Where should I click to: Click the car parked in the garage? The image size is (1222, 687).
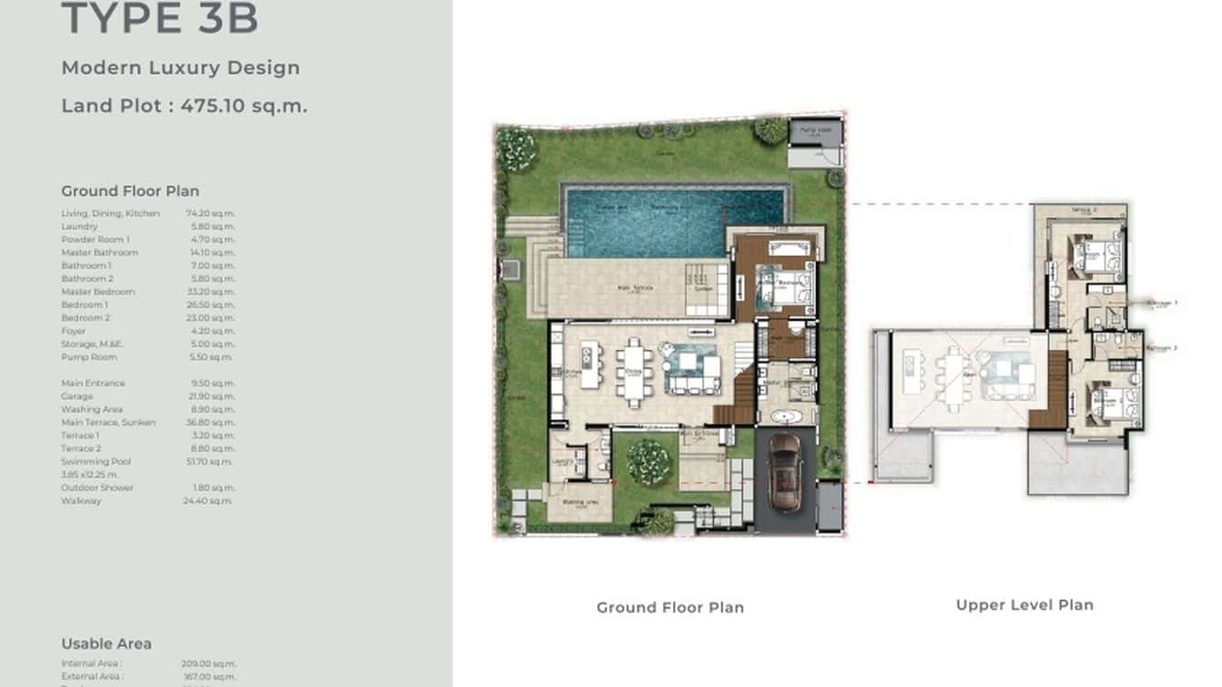(784, 471)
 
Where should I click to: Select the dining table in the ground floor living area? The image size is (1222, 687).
(635, 371)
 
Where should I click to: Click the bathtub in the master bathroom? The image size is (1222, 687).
(782, 418)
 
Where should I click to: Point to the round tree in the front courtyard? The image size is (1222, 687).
(648, 461)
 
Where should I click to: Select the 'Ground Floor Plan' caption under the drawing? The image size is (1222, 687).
(670, 608)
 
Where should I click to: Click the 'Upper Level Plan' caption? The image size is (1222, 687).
(1024, 605)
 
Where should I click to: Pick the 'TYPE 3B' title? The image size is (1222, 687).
(160, 19)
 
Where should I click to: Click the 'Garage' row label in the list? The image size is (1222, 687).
(77, 396)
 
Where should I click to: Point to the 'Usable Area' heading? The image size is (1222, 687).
(107, 643)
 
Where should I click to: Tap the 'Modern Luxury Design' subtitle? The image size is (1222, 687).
(180, 67)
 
